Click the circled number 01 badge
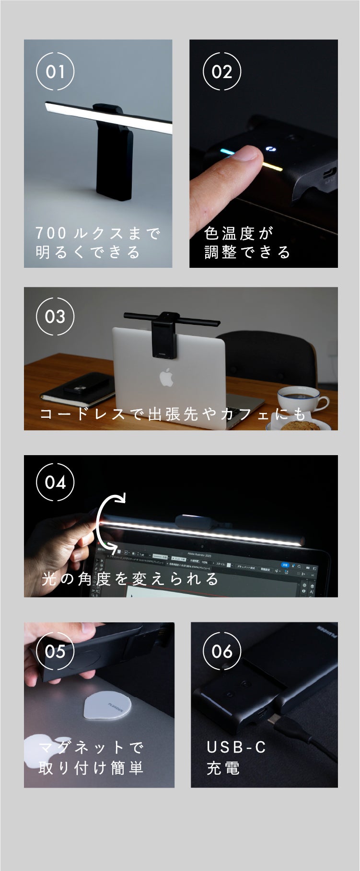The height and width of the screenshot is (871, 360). tap(55, 72)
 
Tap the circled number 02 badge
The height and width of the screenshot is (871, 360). tap(222, 72)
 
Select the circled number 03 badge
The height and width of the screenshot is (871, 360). tap(55, 316)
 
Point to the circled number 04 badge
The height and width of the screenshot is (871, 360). tap(55, 482)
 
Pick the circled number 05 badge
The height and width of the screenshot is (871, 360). tap(55, 651)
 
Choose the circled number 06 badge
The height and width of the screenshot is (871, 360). tap(222, 651)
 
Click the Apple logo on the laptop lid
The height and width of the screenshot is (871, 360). tap(166, 377)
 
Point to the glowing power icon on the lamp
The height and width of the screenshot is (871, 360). tap(270, 149)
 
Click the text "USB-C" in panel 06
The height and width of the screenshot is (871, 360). tap(236, 746)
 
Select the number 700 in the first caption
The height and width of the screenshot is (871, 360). tap(51, 233)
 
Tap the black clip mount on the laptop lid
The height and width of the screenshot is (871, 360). tap(164, 338)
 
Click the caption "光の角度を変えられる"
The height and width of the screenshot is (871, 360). tap(130, 579)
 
